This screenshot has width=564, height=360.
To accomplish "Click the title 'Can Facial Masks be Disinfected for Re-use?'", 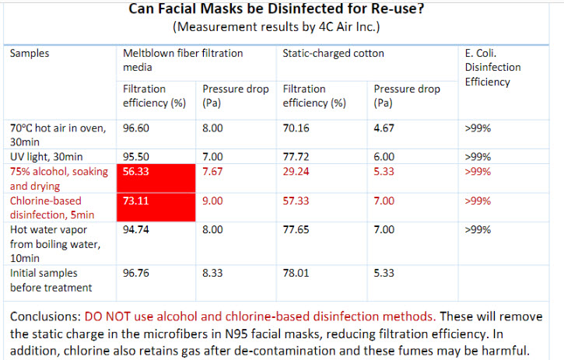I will [x=281, y=11].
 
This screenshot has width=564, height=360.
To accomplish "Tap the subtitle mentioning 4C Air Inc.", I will [x=281, y=28].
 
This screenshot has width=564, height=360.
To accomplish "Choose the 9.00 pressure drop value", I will [x=214, y=201].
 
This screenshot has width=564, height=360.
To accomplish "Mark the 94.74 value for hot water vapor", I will [x=135, y=229].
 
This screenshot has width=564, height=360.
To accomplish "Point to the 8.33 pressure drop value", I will [x=214, y=274].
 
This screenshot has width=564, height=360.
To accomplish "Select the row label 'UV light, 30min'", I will [x=48, y=156].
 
